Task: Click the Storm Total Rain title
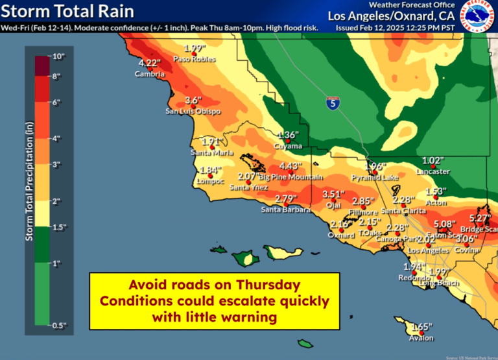(68, 11)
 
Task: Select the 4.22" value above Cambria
(149, 63)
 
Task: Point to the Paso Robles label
(194, 59)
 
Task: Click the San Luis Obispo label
(193, 112)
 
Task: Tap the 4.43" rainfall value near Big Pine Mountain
(292, 166)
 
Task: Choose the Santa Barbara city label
(285, 210)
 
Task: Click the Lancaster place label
(433, 171)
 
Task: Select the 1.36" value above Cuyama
(287, 135)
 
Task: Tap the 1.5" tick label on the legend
(60, 226)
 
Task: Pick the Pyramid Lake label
(375, 177)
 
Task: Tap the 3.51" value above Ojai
(333, 194)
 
